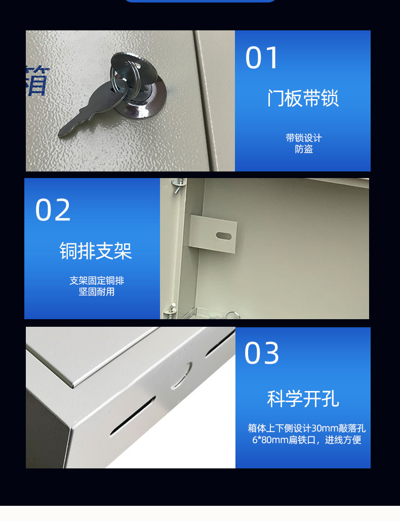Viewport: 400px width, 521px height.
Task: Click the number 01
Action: tap(261, 58)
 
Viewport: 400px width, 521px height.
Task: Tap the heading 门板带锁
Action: tap(303, 98)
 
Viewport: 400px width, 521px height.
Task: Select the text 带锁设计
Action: tap(304, 138)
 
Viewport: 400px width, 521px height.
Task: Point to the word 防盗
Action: tap(304, 149)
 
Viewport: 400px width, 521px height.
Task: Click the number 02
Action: tap(53, 209)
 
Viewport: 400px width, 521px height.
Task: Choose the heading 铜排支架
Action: tap(96, 250)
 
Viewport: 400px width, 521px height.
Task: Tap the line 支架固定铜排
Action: tap(97, 280)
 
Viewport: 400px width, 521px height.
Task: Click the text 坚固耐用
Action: tap(97, 292)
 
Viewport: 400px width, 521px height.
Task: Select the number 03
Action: tap(262, 353)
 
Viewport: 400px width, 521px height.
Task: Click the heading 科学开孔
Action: tap(303, 399)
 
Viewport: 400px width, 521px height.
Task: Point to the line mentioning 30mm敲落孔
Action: tap(306, 428)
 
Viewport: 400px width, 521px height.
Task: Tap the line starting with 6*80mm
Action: tap(306, 440)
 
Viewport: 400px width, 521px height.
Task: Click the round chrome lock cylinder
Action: tap(141, 99)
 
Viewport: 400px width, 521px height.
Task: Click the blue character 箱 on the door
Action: tap(37, 80)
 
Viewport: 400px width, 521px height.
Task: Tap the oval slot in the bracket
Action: tap(224, 236)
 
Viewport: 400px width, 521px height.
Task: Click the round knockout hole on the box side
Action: tap(182, 376)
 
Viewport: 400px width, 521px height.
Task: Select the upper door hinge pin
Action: tap(178, 184)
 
